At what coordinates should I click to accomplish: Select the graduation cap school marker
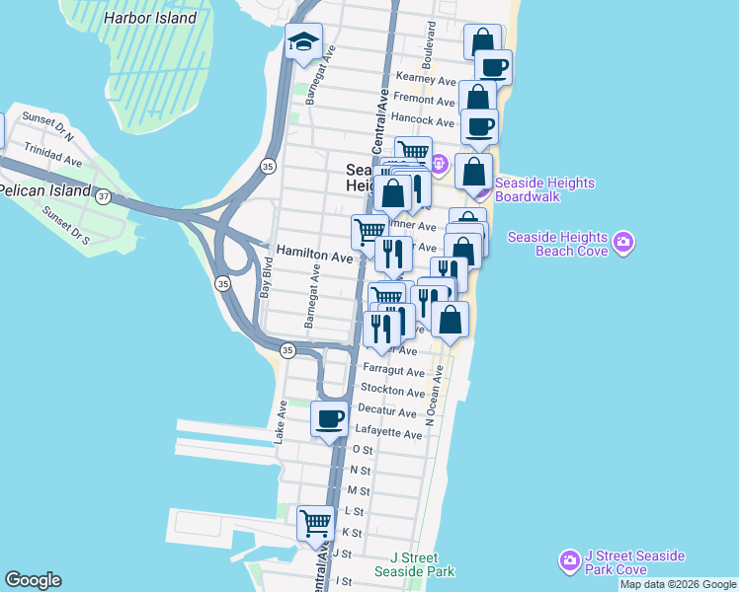303,42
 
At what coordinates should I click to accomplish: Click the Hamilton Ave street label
314,256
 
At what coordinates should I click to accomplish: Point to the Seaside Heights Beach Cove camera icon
623,242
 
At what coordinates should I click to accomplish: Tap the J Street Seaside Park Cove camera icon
569,561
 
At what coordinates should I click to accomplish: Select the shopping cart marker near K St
316,522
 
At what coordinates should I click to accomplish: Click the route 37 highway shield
104,196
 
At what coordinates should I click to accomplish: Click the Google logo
33,580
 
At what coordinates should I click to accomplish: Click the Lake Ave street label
282,419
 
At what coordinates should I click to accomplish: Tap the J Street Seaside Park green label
414,564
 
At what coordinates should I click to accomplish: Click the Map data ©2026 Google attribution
679,584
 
